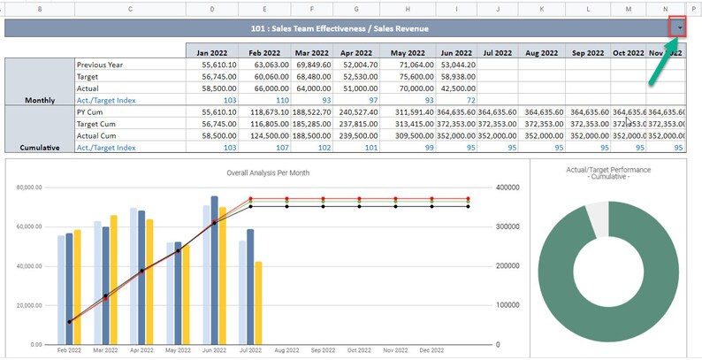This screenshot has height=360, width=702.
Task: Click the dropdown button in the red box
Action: [678, 27]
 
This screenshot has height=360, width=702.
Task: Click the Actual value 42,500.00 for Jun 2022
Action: [459, 88]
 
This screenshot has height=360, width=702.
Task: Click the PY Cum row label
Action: [91, 112]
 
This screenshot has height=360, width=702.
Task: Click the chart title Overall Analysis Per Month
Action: [268, 173]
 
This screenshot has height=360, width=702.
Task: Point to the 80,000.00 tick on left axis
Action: [28, 188]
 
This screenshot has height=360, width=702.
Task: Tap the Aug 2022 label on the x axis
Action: [286, 350]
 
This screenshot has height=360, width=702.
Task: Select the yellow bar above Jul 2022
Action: [258, 303]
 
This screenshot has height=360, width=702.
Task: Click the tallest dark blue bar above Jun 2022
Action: [214, 270]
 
